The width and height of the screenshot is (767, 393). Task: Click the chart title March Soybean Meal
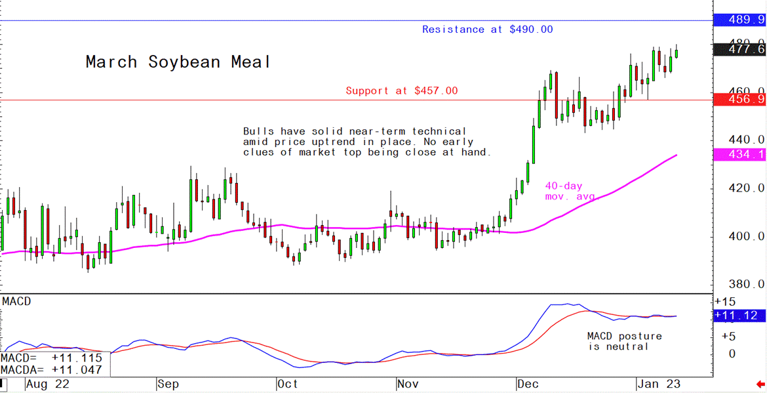pos(178,62)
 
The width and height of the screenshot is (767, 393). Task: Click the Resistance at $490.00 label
pos(487,30)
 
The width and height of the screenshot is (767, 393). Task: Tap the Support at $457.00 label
pos(402,91)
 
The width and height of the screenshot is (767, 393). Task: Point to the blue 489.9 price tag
pos(739,20)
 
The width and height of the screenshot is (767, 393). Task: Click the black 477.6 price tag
pos(739,49)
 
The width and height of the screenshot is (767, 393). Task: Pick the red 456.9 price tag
pos(739,99)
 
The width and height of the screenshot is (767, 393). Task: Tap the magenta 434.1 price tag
pos(739,154)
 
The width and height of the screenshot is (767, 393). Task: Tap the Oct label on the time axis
pos(286,384)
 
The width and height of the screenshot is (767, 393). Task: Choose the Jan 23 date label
pos(658,384)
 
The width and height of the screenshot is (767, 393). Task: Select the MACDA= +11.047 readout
pos(51,371)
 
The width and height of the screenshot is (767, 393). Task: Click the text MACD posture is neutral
pos(624,341)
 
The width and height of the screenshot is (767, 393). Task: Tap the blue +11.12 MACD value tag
pos(739,316)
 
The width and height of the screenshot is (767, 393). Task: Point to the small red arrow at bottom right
pos(760,384)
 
